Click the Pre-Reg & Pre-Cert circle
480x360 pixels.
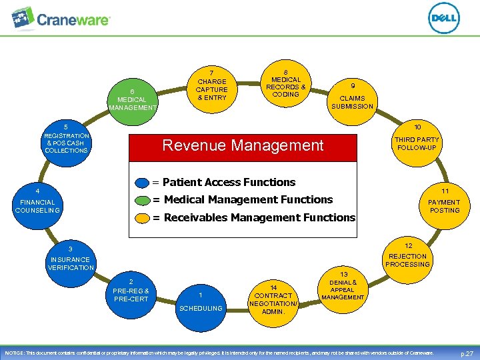coord(131,291)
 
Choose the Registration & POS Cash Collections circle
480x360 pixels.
coord(66,141)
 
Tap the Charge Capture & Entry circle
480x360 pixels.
coord(212,85)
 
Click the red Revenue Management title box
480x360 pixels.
coord(243,145)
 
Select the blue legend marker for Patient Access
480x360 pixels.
coord(142,183)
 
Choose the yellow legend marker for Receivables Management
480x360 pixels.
coord(142,217)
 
